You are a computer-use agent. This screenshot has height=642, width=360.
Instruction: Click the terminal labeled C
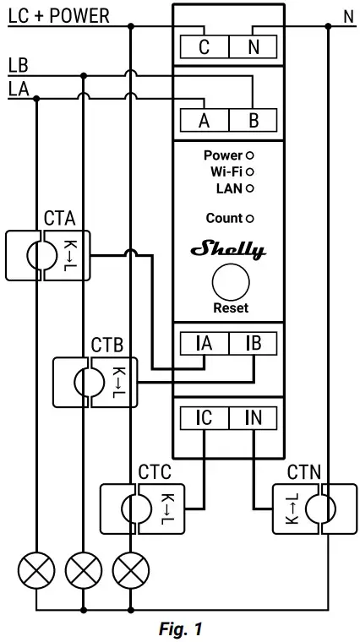(x=204, y=47)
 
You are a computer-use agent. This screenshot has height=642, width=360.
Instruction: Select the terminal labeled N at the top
(x=254, y=47)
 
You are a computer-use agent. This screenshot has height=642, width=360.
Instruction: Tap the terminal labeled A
(x=204, y=120)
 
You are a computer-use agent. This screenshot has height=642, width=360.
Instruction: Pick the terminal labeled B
(x=254, y=120)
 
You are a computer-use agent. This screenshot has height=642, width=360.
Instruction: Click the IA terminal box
(x=204, y=344)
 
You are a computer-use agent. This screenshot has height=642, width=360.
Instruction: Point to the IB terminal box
(x=254, y=344)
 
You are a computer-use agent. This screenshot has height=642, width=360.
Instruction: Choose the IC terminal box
(x=204, y=417)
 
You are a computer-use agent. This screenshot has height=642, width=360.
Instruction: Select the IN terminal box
(x=254, y=417)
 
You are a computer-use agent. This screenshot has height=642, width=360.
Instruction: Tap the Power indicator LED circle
(x=249, y=155)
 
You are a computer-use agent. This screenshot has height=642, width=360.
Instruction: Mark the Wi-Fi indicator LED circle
(x=249, y=171)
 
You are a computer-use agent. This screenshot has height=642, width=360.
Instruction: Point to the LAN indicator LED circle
(x=249, y=188)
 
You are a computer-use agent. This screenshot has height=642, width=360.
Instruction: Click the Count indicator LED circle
(x=249, y=219)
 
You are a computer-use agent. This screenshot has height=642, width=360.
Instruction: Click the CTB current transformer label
(x=107, y=346)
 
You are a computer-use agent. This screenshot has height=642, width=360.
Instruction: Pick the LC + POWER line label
(x=59, y=16)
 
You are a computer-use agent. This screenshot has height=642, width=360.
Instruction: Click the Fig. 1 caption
(x=181, y=629)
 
